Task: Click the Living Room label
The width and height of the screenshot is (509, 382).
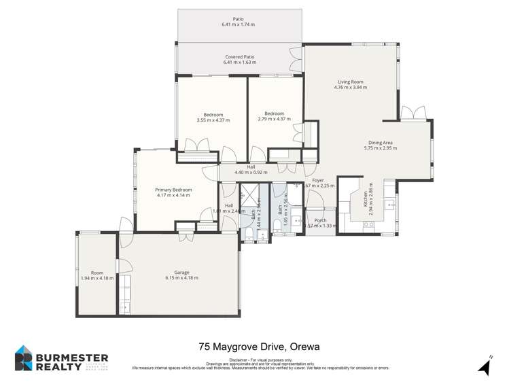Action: tap(350, 82)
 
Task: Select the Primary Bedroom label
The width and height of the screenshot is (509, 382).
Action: tap(173, 190)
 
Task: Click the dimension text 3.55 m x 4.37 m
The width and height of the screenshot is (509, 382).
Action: tap(213, 120)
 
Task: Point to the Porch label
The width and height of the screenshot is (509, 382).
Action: tap(321, 220)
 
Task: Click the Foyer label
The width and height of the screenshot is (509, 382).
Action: tap(317, 180)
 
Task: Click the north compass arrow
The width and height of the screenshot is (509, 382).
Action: tap(484, 367)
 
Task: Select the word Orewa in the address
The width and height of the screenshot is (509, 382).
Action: tap(304, 347)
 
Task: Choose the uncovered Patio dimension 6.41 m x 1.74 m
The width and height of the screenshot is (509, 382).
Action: tap(238, 24)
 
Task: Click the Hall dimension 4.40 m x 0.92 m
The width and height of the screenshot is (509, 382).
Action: tap(251, 173)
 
